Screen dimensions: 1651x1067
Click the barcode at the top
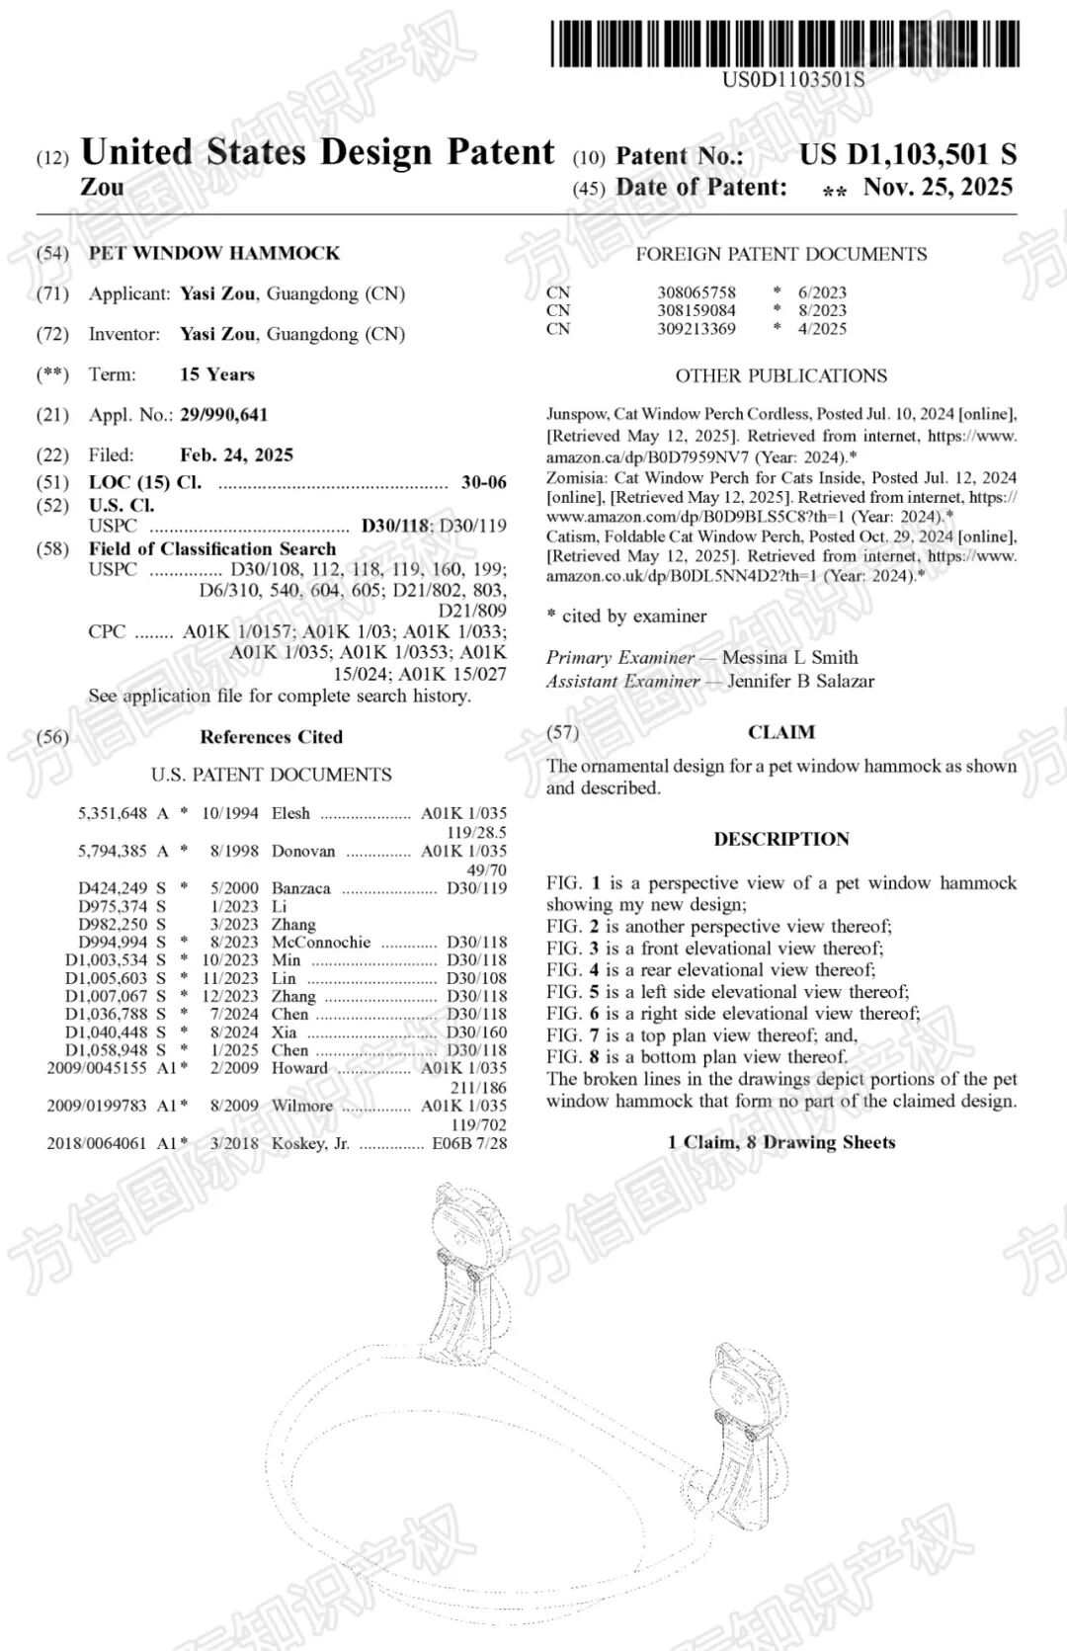click(783, 43)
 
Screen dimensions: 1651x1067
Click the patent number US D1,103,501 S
click(907, 154)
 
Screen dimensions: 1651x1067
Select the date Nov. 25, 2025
click(938, 187)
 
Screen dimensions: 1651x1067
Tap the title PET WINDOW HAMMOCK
click(214, 253)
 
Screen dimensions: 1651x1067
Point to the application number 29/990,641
click(223, 415)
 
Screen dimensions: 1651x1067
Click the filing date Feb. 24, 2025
click(236, 455)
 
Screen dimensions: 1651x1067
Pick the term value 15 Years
click(217, 374)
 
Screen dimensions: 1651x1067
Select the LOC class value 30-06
click(483, 482)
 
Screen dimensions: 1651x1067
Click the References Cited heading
click(271, 737)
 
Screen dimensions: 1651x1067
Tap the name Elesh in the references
click(290, 813)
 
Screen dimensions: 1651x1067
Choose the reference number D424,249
click(113, 888)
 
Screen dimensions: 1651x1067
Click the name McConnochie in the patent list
click(321, 943)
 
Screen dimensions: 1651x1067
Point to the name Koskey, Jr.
click(310, 1143)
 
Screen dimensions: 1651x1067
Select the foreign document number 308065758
click(697, 292)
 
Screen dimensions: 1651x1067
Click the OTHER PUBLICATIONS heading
click(780, 375)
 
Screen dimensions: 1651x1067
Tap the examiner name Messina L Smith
click(789, 657)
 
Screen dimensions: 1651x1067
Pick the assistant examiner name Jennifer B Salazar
click(800, 681)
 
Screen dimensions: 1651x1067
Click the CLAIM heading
click(781, 732)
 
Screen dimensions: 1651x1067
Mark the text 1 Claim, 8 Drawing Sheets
click(781, 1142)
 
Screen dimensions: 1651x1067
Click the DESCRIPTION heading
click(781, 839)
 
